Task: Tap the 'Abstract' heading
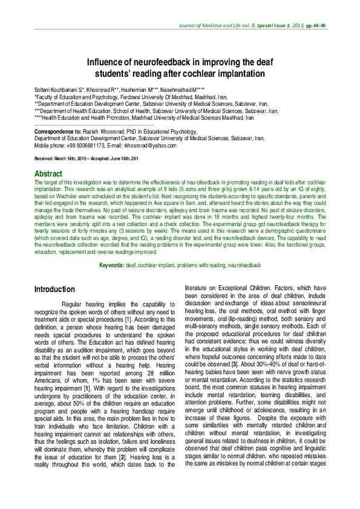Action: pos(49,173)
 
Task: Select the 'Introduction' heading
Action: pos(54,290)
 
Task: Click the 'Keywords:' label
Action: pos(113,266)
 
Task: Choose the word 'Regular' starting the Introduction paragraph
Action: pos(74,304)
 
